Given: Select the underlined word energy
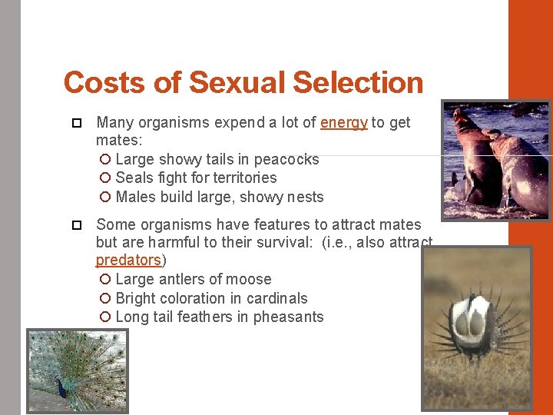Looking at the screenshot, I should tap(343, 122).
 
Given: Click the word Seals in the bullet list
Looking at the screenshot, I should tap(135, 178).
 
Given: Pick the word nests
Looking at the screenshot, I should tap(306, 197).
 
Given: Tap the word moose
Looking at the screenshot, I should tap(248, 279).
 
